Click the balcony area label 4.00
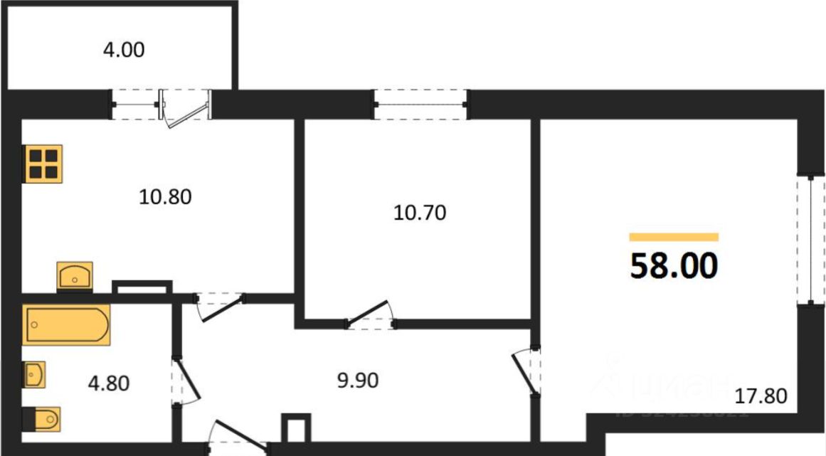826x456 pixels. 124,51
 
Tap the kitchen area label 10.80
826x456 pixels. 165,196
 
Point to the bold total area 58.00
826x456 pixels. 674,267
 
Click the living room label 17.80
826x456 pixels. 763,396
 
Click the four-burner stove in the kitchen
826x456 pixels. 43,164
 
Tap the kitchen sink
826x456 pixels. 75,275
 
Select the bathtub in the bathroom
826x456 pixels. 67,326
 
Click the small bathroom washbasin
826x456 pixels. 34,375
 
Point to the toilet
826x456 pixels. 41,419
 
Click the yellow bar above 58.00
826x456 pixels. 674,238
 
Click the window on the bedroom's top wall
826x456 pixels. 420,105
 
